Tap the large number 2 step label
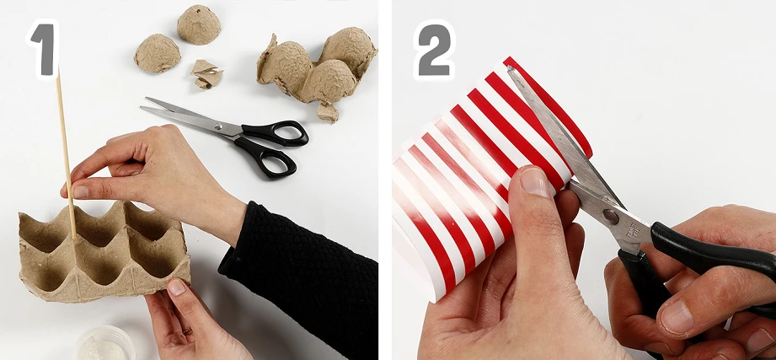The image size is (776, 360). coord(434,50)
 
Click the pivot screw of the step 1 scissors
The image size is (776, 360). coord(217,126)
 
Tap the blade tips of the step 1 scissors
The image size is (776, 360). coord(145,103)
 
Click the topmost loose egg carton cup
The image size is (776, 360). coord(199,24)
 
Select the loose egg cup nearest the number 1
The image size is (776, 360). coord(157,53)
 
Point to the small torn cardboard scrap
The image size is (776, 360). coord(206,75)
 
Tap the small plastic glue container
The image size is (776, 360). coord(105,343)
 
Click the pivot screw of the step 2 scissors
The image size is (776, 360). coord(611,217)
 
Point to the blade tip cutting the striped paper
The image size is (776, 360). coord(510,69)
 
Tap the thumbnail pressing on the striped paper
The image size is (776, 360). coord(533,181)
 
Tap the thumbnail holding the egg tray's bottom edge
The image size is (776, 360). coord(176,287)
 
